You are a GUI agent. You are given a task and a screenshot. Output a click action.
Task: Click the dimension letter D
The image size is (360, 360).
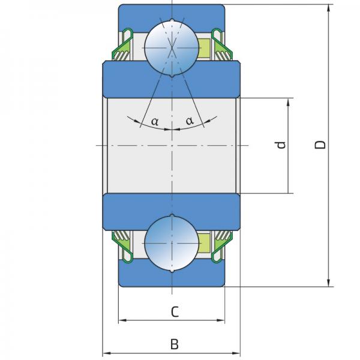click(x=320, y=145)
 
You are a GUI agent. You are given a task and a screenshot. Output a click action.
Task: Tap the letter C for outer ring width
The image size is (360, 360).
click(x=175, y=311)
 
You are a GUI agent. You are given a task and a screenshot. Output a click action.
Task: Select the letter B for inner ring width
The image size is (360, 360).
click(x=175, y=344)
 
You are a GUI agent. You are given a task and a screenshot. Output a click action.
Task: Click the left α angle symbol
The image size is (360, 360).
click(x=155, y=121)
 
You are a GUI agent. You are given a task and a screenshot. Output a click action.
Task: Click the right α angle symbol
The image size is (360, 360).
click(x=190, y=121)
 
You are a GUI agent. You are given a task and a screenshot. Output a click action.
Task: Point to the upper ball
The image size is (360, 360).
click(x=172, y=48)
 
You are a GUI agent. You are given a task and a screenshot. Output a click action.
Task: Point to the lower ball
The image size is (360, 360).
click(x=172, y=243)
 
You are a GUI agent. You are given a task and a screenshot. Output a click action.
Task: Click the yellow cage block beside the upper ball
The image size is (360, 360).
click(x=204, y=48)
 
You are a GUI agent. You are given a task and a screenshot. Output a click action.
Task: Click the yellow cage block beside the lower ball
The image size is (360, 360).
click(x=204, y=243)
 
